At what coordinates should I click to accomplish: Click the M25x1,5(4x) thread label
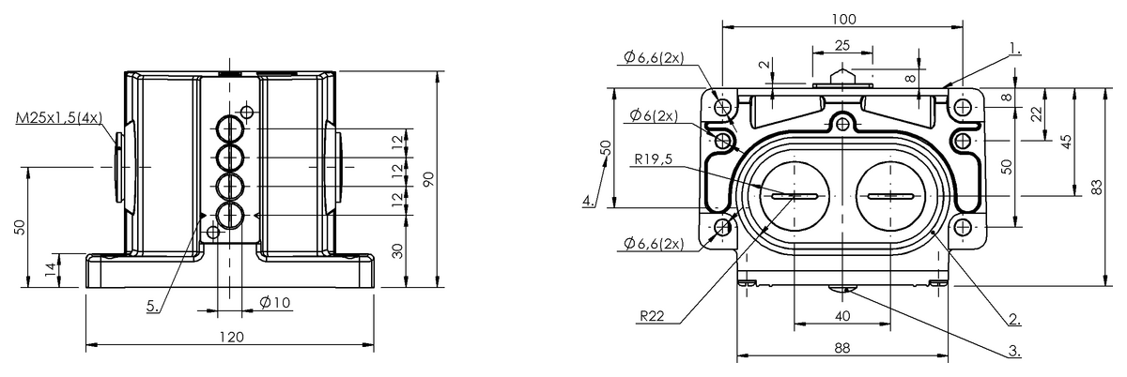point(59,119)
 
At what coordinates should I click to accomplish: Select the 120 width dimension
point(231,337)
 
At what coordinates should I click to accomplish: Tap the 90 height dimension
point(429,179)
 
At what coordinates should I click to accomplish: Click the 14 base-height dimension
point(49,270)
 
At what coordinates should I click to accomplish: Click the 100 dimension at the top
point(842,19)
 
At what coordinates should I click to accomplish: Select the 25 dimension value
point(842,45)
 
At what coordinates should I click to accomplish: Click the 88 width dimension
point(842,348)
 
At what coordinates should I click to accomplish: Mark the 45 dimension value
point(1066,141)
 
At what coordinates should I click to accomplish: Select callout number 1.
point(1014,47)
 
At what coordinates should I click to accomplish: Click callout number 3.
point(1014,351)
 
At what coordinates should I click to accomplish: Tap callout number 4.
point(588,201)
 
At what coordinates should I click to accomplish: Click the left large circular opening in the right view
point(794,196)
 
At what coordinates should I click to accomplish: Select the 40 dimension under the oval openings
point(842,316)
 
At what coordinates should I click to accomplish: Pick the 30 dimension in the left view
point(397,250)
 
